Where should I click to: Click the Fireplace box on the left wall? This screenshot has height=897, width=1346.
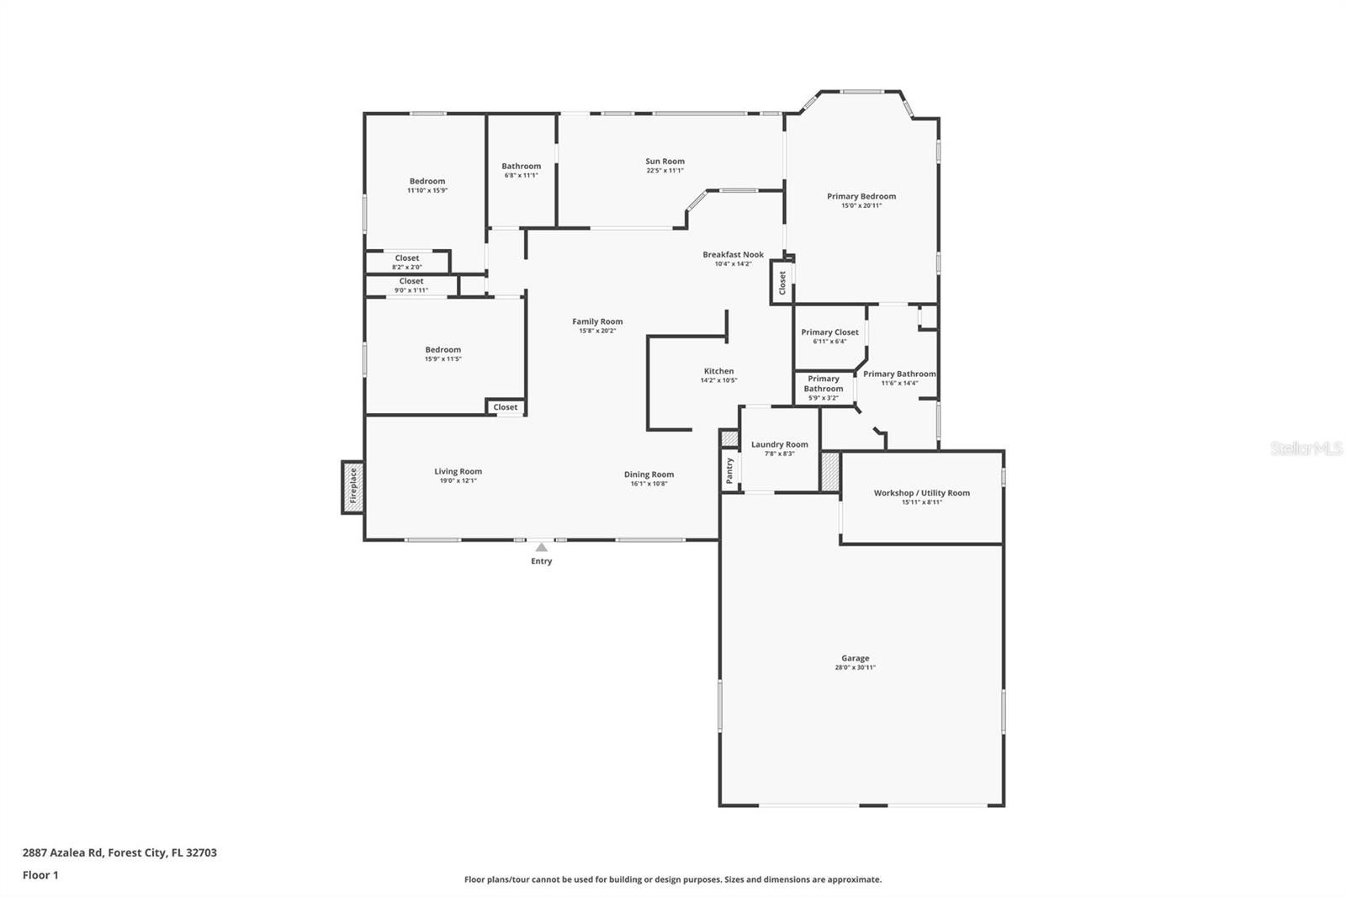(x=352, y=486)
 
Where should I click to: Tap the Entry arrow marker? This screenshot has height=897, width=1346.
(x=541, y=548)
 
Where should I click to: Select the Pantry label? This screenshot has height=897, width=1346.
(x=729, y=470)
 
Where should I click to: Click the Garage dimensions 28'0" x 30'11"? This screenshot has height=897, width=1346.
(x=855, y=668)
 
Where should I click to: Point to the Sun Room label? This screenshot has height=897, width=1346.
(x=665, y=162)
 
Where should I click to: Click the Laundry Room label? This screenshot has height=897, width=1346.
(x=779, y=444)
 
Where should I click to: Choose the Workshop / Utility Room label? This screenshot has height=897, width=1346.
(x=921, y=493)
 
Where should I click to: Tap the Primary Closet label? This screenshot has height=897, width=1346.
(x=829, y=332)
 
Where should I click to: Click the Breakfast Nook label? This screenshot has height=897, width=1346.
(x=733, y=255)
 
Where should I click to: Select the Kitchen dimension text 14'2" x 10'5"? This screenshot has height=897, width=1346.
(x=718, y=380)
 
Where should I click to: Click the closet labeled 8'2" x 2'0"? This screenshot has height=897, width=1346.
(x=407, y=263)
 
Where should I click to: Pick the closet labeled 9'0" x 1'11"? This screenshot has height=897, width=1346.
(x=411, y=285)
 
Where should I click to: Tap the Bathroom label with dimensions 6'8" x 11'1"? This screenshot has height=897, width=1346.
(x=521, y=167)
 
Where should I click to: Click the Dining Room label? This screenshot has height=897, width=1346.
(x=649, y=475)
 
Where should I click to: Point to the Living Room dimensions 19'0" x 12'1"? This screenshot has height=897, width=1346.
(x=458, y=481)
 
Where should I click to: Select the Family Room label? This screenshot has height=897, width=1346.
(x=597, y=321)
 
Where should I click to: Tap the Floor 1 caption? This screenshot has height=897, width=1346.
(x=40, y=875)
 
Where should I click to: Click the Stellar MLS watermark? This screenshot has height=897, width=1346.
(x=1306, y=449)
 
